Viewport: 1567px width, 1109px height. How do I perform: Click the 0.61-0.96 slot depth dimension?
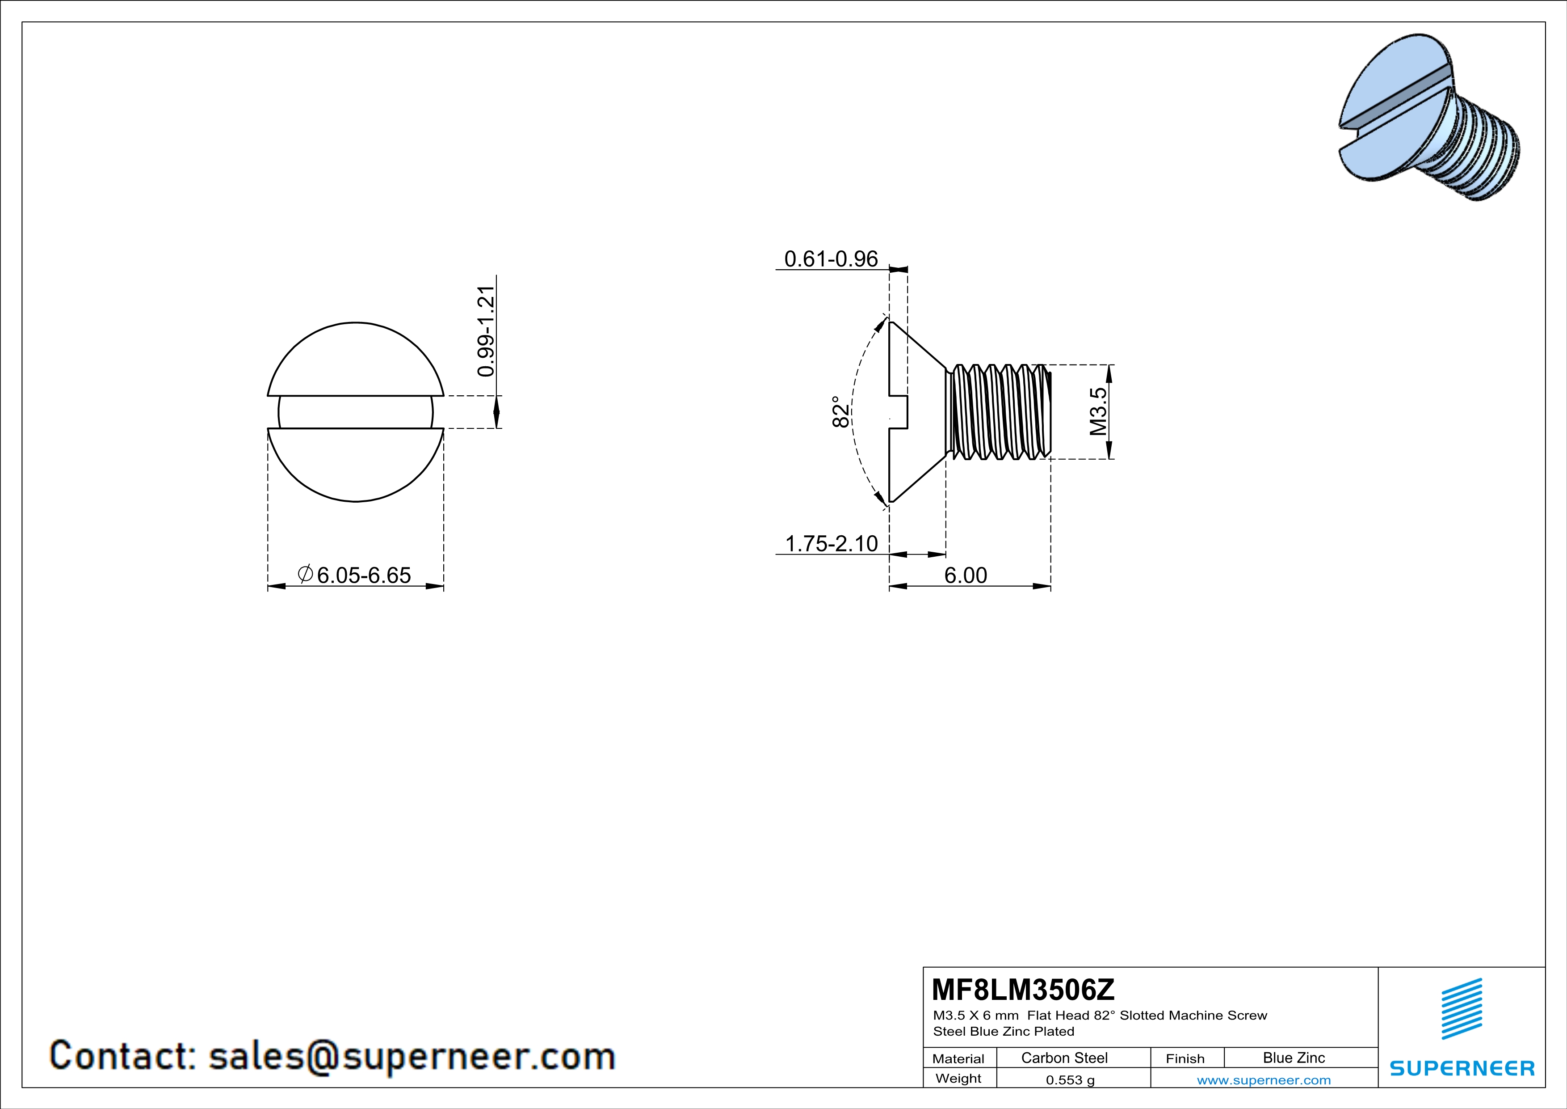pyautogui.click(x=831, y=259)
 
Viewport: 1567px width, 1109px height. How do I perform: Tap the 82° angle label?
pyautogui.click(x=841, y=412)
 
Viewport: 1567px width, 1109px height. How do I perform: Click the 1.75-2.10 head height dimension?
pyautogui.click(x=831, y=544)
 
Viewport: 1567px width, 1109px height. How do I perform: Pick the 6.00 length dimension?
pyautogui.click(x=965, y=575)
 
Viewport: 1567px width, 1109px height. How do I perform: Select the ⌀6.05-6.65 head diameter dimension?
pyautogui.click(x=355, y=575)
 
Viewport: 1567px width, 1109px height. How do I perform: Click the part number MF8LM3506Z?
pyautogui.click(x=1022, y=989)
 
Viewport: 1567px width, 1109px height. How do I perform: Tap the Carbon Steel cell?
pyautogui.click(x=1064, y=1058)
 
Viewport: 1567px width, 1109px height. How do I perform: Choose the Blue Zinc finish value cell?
pyautogui.click(x=1293, y=1058)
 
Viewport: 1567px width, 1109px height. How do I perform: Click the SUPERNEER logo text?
pyautogui.click(x=1462, y=1068)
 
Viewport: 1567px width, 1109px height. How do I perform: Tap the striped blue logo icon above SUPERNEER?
pyautogui.click(x=1461, y=1009)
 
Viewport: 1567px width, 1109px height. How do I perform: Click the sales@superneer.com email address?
pyautogui.click(x=412, y=1056)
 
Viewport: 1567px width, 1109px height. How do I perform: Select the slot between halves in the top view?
pyautogui.click(x=355, y=412)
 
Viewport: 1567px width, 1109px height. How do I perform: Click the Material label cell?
pyautogui.click(x=958, y=1058)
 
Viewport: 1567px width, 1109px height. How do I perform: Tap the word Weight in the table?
pyautogui.click(x=958, y=1078)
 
